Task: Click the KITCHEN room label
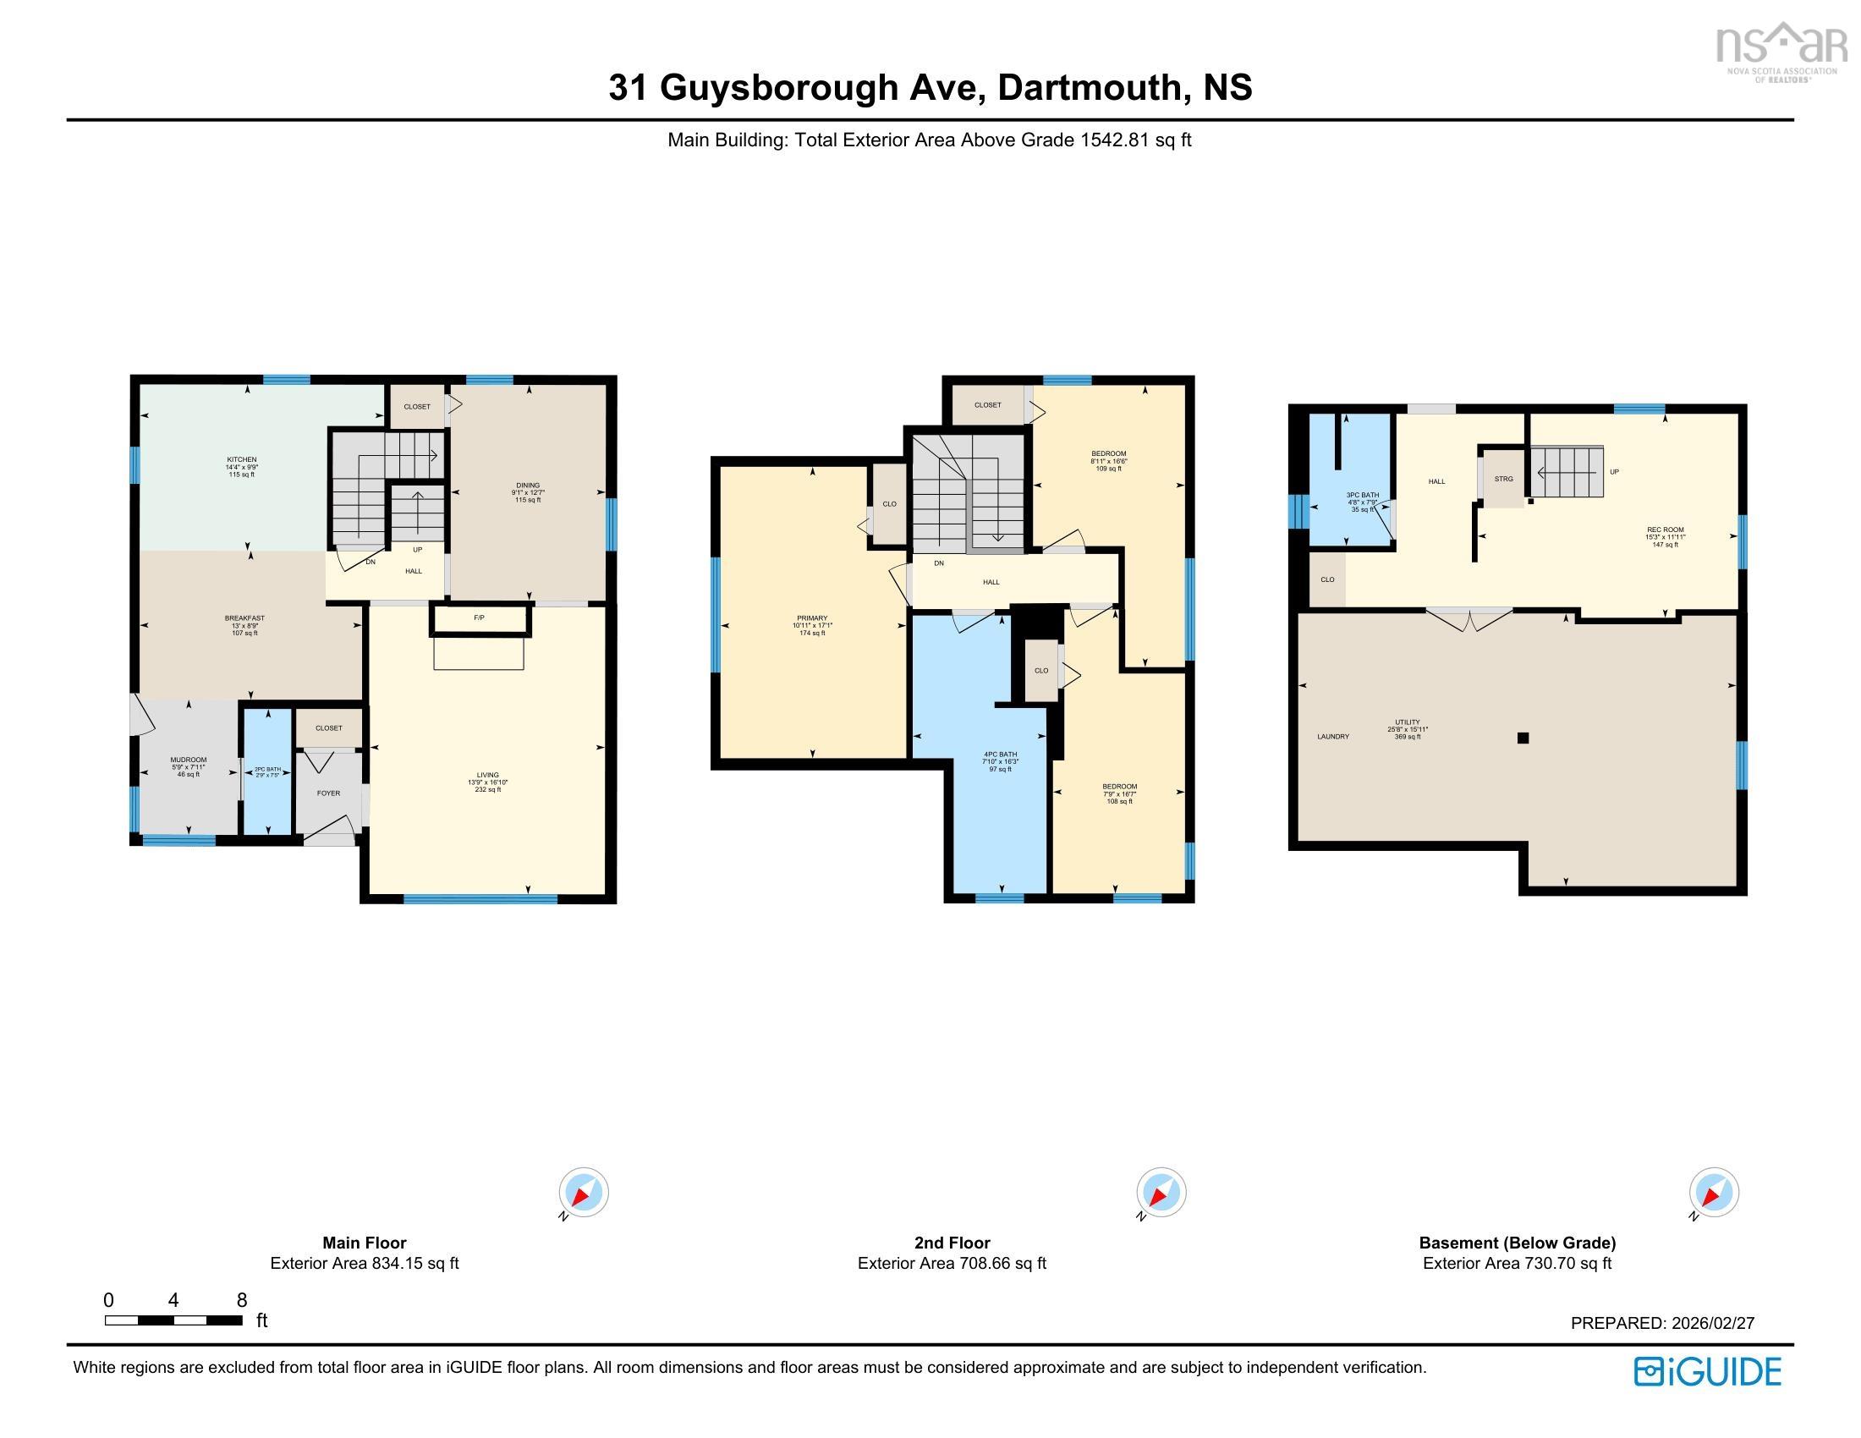tap(241, 460)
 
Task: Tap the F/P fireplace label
tap(479, 617)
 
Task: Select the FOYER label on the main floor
tap(328, 793)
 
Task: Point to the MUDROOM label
tap(189, 760)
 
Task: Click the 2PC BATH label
tap(267, 770)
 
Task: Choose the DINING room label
tap(528, 486)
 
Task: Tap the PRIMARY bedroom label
tap(812, 618)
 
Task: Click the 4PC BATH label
tap(1000, 755)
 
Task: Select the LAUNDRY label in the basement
tap(1332, 737)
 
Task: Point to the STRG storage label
tap(1503, 480)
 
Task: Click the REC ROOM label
tap(1665, 530)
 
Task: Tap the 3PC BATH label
tap(1362, 495)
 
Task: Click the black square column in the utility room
tap(1523, 738)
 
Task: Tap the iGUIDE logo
tap(1708, 1372)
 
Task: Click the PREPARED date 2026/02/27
tap(1712, 1323)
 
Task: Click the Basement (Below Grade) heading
tap(1517, 1243)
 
